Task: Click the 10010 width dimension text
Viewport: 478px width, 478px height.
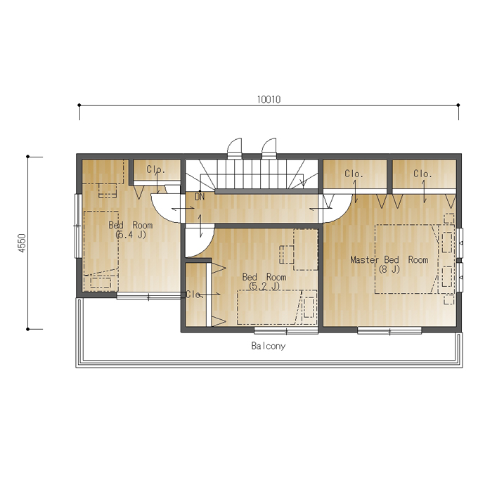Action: click(x=269, y=100)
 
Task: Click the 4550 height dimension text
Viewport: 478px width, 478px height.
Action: click(x=22, y=243)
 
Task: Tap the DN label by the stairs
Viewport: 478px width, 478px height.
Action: click(x=200, y=197)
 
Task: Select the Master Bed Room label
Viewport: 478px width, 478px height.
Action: click(x=389, y=259)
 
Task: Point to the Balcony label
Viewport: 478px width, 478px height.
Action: click(x=269, y=346)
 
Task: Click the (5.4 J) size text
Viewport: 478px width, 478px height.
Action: click(x=131, y=235)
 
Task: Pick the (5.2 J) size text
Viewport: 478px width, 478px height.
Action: click(x=264, y=286)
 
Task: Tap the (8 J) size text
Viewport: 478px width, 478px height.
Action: click(x=389, y=269)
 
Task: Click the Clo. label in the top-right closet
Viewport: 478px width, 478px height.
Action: click(x=422, y=174)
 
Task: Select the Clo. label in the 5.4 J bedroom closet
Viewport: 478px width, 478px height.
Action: click(x=155, y=169)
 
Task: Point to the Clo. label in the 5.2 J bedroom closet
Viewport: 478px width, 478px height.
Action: click(x=195, y=295)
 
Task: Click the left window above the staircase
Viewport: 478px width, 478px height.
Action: click(x=234, y=148)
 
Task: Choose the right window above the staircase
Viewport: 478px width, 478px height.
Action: click(x=269, y=148)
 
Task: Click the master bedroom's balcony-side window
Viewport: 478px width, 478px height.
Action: click(x=389, y=330)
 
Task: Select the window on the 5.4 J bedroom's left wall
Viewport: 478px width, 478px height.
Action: click(x=78, y=226)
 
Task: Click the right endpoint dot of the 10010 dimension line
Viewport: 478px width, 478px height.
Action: click(x=458, y=105)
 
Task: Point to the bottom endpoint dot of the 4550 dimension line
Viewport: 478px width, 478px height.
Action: click(x=27, y=329)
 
